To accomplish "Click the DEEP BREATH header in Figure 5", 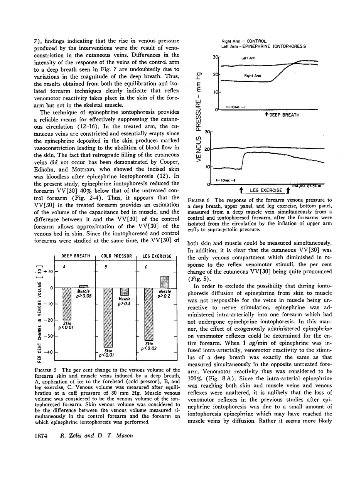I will (76, 256).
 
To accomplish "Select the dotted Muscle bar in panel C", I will (165, 282).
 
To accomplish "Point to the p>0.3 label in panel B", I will (124, 304).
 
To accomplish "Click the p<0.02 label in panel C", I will (149, 348).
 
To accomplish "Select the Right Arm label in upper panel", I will (253, 76).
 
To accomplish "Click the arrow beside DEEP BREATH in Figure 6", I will (266, 115).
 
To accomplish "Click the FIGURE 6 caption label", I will (198, 200).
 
